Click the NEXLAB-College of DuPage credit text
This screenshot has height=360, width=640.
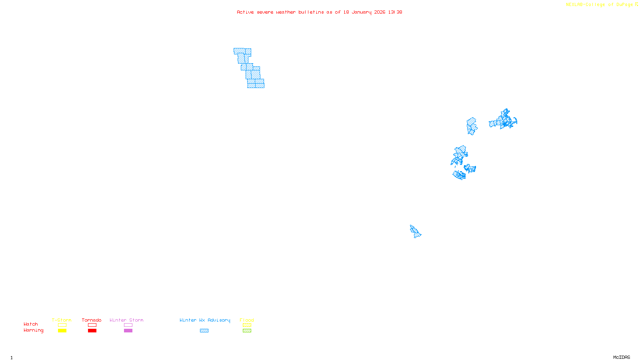[599, 5]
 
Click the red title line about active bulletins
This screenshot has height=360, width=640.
[319, 12]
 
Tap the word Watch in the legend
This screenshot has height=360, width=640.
[31, 324]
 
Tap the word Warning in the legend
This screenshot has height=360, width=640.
[33, 330]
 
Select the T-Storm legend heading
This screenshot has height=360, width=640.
[62, 320]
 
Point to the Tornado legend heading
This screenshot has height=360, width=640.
[92, 320]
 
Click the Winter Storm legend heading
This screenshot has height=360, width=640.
[126, 320]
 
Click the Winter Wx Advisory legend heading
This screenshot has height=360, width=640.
[205, 320]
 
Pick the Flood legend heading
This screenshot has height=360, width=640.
[247, 320]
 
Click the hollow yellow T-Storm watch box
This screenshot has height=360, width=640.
[62, 325]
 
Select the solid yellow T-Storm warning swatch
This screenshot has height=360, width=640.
[62, 331]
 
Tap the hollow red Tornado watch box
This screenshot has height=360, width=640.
[92, 325]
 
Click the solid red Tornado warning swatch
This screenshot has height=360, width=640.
[92, 331]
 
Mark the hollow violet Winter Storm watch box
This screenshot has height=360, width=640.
[128, 325]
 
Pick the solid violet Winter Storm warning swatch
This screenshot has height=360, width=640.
[128, 331]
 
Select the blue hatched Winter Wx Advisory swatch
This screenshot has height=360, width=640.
[204, 331]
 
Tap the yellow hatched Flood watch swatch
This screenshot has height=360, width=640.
[247, 325]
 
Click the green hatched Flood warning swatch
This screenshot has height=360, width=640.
[247, 331]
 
